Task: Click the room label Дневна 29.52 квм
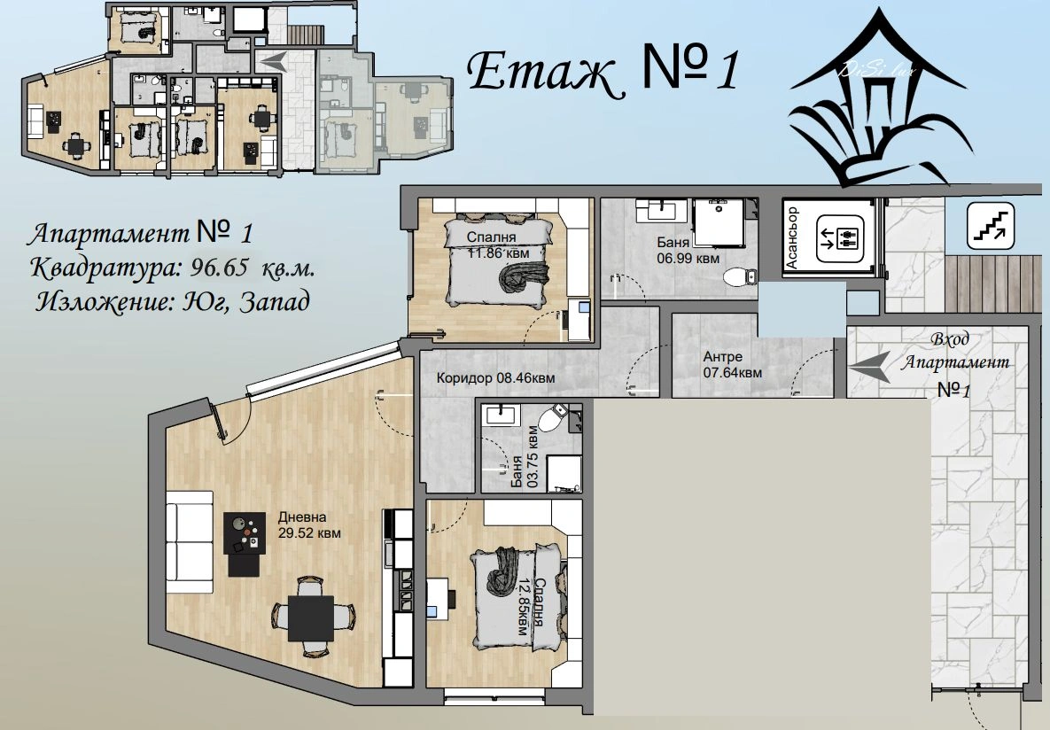309,525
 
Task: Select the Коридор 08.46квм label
495,378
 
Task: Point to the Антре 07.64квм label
732,365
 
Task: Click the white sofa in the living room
190,542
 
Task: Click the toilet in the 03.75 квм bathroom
552,418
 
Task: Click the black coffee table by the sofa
244,544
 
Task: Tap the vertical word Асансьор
791,237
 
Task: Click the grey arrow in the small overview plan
273,61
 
